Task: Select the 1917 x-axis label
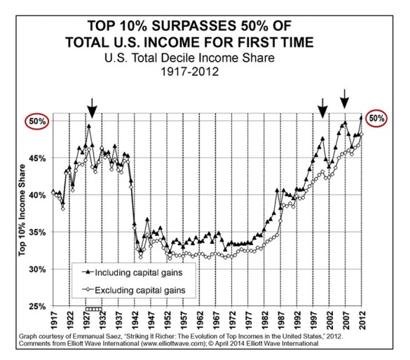tap(54, 319)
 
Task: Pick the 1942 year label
tap(135, 319)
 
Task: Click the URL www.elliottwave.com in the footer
tap(177, 344)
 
